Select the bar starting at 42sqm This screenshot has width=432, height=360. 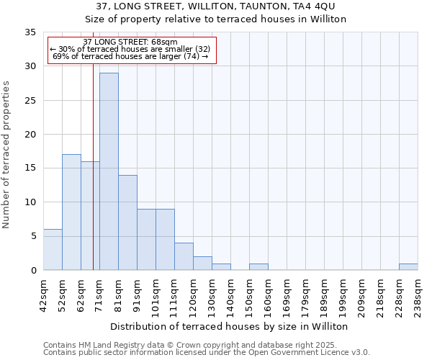53,249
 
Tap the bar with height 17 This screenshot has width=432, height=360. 71,212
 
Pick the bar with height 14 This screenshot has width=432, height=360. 127,222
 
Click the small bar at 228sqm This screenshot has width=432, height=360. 408,266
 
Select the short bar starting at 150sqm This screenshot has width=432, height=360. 258,266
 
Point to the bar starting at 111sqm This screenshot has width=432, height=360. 184,256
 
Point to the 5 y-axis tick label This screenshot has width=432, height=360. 33,236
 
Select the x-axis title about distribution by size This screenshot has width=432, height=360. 230,326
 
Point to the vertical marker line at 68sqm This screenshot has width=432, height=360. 93,180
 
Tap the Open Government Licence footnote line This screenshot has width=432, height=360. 207,353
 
